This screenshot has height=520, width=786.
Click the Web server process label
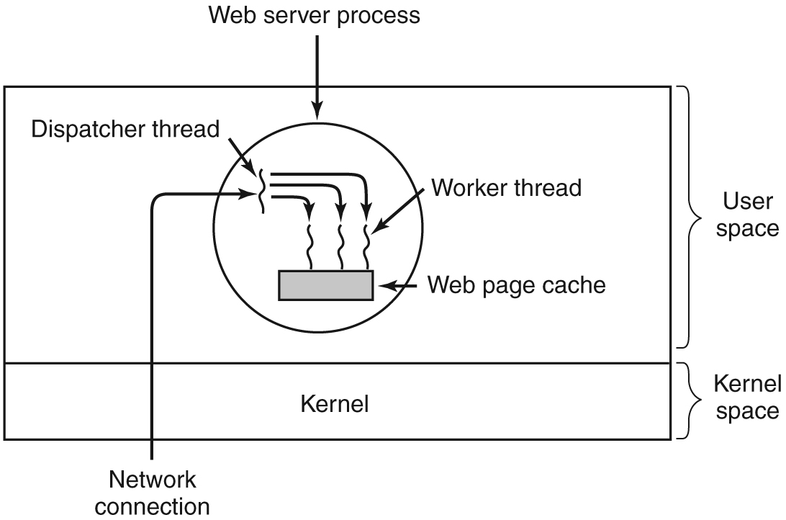click(x=315, y=15)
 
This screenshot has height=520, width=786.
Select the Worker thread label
click(x=506, y=188)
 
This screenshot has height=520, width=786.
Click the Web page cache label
click(x=516, y=285)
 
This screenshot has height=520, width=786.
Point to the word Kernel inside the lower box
click(x=334, y=404)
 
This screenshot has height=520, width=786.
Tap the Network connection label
click(x=152, y=492)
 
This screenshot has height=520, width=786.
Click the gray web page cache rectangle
click(x=325, y=285)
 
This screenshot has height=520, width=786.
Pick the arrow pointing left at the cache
click(x=399, y=286)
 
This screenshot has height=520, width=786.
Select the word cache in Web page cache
click(x=573, y=285)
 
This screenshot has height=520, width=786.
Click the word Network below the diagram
click(x=152, y=479)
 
